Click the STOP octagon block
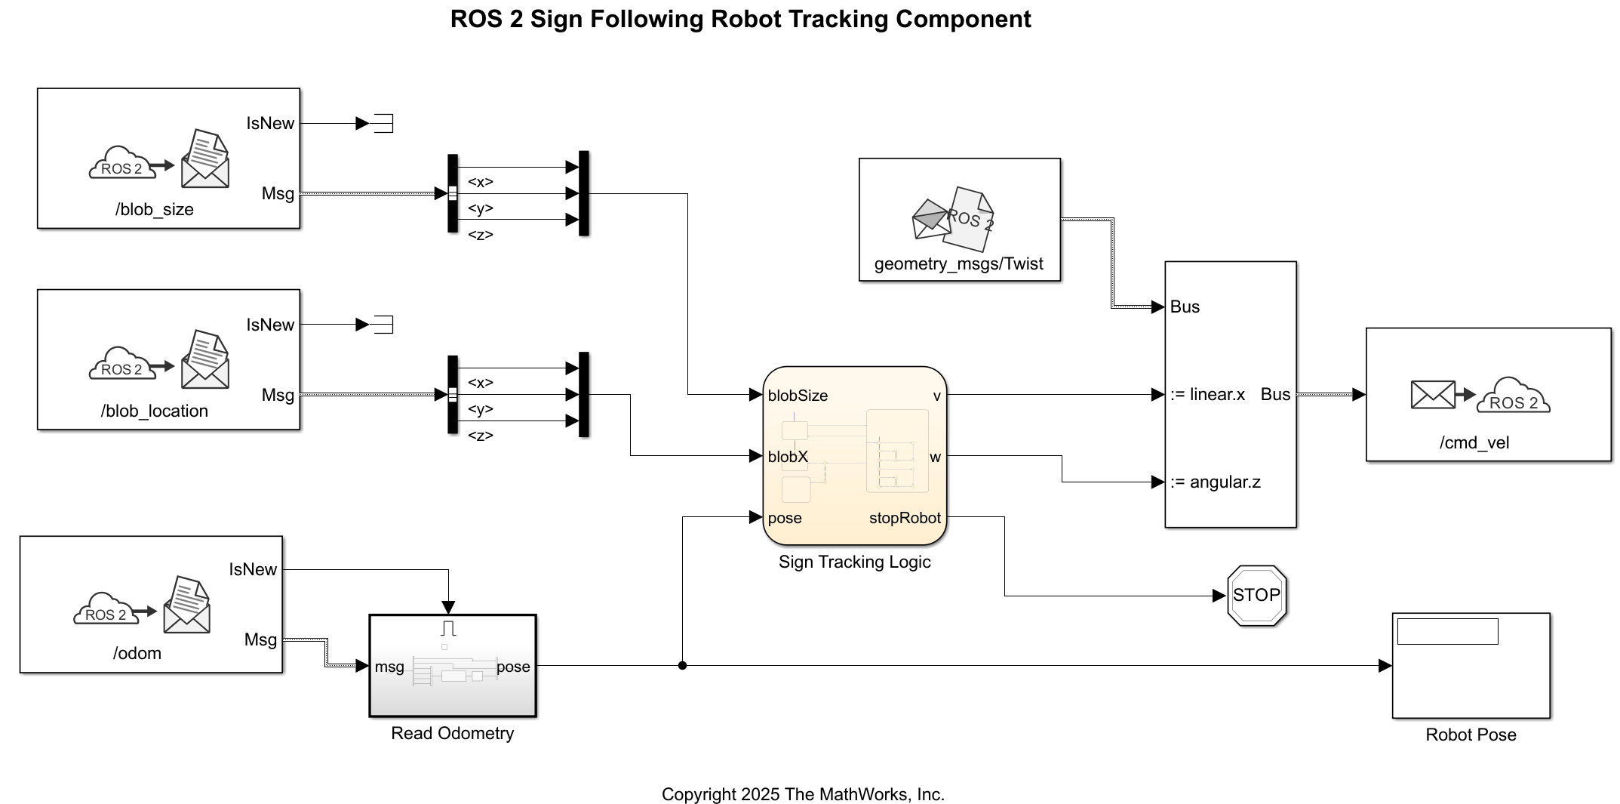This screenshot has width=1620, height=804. [1256, 596]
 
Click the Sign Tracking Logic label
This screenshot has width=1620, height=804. [854, 562]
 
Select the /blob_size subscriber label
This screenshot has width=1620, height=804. [154, 210]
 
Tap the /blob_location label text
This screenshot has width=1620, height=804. [154, 411]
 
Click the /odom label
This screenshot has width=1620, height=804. [137, 653]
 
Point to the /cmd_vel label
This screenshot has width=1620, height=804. [1474, 442]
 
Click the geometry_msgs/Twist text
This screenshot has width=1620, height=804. [958, 264]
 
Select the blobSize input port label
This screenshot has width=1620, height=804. [798, 396]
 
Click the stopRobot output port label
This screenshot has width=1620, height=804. [904, 518]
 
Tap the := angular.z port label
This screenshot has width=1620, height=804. [1216, 482]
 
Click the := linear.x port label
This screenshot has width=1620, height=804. [1207, 394]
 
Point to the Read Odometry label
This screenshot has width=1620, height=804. [452, 733]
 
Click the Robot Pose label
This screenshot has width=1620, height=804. [1470, 735]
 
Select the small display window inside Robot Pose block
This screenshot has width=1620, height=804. [1446, 632]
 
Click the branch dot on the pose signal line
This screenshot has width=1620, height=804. [682, 666]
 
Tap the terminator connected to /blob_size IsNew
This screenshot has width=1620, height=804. [383, 123]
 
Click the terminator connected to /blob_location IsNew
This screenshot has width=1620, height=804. [383, 325]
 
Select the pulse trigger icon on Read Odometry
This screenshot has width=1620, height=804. [449, 628]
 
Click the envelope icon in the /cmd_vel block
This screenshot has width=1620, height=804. [1432, 394]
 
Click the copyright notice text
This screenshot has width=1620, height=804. [803, 794]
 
